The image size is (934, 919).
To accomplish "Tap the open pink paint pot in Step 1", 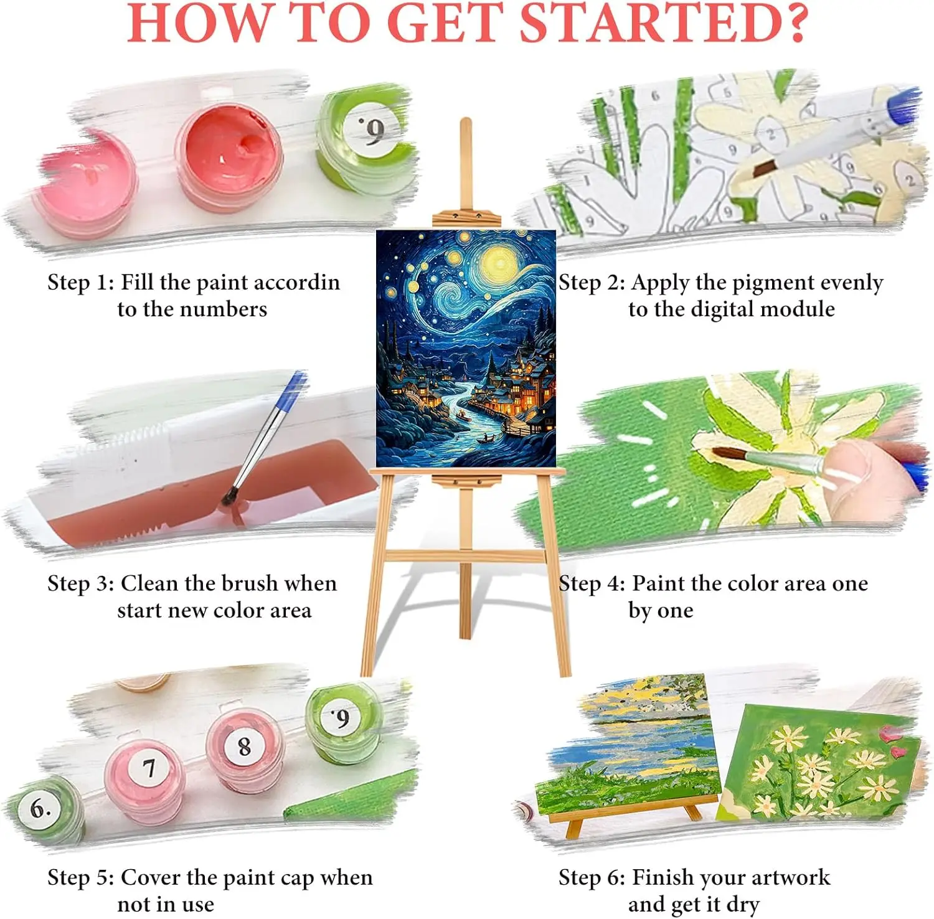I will [x=87, y=184].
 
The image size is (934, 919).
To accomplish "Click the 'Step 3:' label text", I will [x=80, y=583].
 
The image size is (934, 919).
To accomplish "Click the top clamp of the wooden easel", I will [x=466, y=218].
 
